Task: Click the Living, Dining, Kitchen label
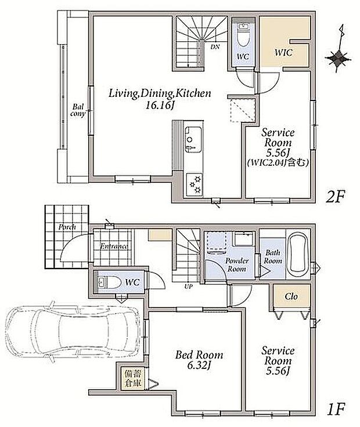[x=160, y=93]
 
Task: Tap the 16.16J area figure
[x=160, y=106]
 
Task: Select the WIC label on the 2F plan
[x=283, y=52]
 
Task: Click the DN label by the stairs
[x=215, y=47]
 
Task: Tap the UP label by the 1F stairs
[x=188, y=287]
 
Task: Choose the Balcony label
[x=78, y=110]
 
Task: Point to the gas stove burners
[x=195, y=185]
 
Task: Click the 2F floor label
[x=336, y=197]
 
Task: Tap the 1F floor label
[x=336, y=409]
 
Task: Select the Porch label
[x=67, y=227]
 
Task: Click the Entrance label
[x=114, y=247]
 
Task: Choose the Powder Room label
[x=236, y=265]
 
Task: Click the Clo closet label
[x=291, y=296]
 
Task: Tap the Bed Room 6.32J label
[x=199, y=360]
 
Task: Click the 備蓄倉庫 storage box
[x=133, y=379]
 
